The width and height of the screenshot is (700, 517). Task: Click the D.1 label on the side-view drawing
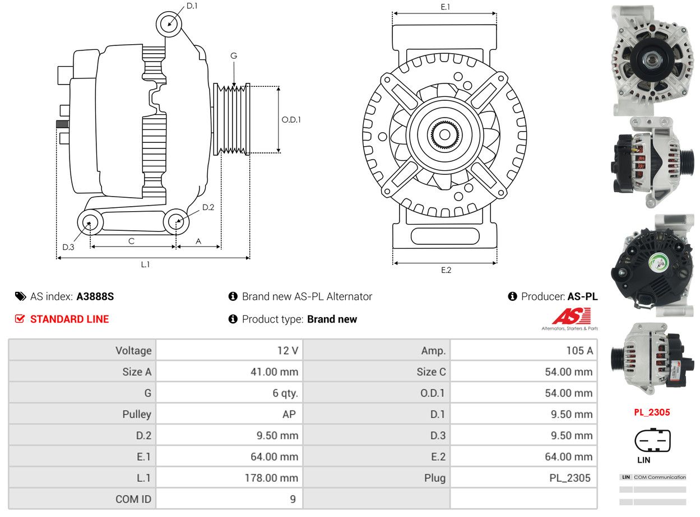pos(192,6)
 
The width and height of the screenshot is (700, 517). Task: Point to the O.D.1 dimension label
pos(291,119)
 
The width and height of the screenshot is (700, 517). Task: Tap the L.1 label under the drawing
pos(145,264)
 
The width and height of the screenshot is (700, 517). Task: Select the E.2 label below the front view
pos(446,270)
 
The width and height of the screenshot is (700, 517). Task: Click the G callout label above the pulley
pos(234,56)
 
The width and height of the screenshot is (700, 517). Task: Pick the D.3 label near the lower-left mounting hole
pos(68,247)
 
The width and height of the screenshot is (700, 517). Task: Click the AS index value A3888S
pos(95,296)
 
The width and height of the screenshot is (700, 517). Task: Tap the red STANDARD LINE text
pos(69,319)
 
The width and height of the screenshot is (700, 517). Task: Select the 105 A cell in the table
pos(580,351)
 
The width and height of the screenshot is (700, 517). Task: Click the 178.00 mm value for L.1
pos(271,478)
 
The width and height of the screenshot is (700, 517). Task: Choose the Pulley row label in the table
pos(137,414)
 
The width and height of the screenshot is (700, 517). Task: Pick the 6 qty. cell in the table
pos(285,393)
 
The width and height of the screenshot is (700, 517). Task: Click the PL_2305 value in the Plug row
pos(569,478)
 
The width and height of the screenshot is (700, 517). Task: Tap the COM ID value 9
pos(293,499)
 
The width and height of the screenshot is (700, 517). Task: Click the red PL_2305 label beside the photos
pos(652,412)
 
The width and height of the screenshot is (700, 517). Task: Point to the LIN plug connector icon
pos(652,440)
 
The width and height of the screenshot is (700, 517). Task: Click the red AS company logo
pos(571,316)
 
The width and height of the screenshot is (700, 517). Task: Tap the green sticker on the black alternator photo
pos(659,263)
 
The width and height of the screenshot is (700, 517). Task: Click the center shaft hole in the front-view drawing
pos(444,135)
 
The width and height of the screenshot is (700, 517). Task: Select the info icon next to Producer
pos(512,296)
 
